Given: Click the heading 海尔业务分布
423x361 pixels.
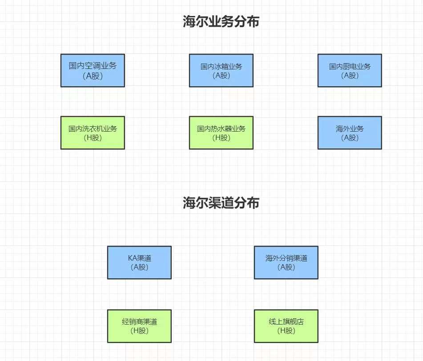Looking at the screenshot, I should (221, 22).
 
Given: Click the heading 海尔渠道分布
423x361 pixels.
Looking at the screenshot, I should (221, 203).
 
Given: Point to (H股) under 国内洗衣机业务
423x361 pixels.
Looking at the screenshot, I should (93, 138).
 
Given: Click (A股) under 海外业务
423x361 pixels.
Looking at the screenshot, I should (350, 138).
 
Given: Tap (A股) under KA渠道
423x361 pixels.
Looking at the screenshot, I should (139, 267).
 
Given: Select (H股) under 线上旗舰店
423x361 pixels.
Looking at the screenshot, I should (286, 331).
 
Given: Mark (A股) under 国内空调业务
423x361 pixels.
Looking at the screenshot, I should (93, 76).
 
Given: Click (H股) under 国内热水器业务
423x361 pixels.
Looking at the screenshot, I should (221, 138).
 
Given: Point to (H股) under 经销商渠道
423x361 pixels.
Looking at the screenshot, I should (139, 331).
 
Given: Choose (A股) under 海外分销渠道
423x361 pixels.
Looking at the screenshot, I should (286, 267).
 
